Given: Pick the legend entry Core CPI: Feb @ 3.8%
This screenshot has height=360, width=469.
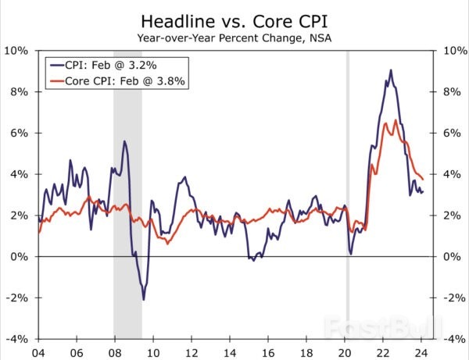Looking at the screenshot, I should tap(120, 80).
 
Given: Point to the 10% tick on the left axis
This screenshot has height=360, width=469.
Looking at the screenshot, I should tap(18, 51).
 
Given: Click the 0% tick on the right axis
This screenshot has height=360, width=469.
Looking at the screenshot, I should tap(452, 257).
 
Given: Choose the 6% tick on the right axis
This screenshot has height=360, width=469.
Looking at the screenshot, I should tap(452, 134).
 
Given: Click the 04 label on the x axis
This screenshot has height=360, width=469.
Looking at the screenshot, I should tap(37, 351).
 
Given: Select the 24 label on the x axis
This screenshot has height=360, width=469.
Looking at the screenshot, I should tap(421, 351).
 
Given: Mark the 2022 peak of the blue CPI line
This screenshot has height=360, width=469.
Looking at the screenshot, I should tap(391, 70).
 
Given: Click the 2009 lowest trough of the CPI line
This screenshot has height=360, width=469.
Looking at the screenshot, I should tap(144, 299).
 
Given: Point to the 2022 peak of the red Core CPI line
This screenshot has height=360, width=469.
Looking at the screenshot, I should tap(396, 120).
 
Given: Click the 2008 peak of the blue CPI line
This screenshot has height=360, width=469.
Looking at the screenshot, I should tap(124, 141).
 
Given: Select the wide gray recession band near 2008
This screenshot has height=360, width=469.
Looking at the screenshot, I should tap(127, 195).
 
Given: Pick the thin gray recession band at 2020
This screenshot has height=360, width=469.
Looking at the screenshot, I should tap(348, 195).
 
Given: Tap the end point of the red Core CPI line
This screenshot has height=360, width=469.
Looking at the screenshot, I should tap(423, 179).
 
